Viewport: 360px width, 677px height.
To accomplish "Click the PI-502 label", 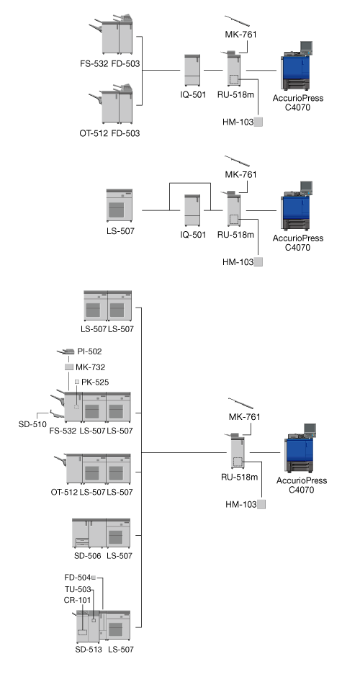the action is coord(90,351).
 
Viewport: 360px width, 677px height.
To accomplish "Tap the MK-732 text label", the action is coord(90,367).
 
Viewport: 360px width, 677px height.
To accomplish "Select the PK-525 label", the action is coord(95,382).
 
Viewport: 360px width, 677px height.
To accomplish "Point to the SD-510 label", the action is coord(32,424).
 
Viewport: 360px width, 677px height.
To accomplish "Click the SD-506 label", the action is coord(88,556).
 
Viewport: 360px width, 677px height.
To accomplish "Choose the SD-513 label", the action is coord(89,650).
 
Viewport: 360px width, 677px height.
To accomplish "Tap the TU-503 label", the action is coord(78,589).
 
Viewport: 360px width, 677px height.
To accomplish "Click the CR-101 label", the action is coord(77,600).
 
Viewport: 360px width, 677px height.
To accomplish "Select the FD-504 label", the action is coord(78,578).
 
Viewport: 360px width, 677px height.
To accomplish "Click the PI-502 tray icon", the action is coord(66,352).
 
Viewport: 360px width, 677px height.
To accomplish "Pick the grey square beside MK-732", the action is coord(69,367).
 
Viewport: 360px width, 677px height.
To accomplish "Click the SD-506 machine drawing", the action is coord(89,534).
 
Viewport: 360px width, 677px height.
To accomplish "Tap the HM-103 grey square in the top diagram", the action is coord(258,122).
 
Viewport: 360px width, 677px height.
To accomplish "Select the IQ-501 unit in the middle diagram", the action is coord(192,210).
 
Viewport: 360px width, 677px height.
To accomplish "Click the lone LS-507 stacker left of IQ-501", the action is coord(120,205).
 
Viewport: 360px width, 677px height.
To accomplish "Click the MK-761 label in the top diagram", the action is coord(241,35).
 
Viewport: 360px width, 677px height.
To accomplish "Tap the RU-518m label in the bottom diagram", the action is coord(240,477).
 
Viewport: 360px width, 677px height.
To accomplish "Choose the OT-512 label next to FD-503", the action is coord(94,133).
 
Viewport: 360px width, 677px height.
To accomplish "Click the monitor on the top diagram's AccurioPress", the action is coord(306,46).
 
